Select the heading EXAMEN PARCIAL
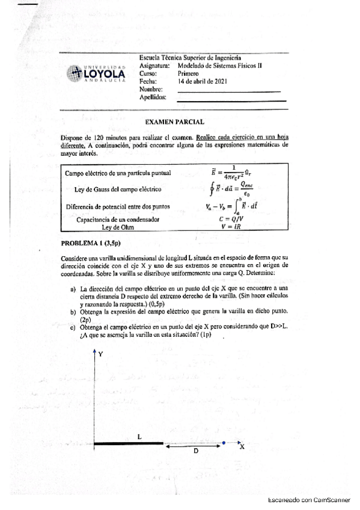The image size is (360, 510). (175, 121)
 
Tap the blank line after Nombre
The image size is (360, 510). (229, 90)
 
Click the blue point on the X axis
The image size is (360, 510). (224, 443)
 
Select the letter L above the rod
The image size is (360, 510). (139, 437)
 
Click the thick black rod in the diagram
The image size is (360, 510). (130, 444)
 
